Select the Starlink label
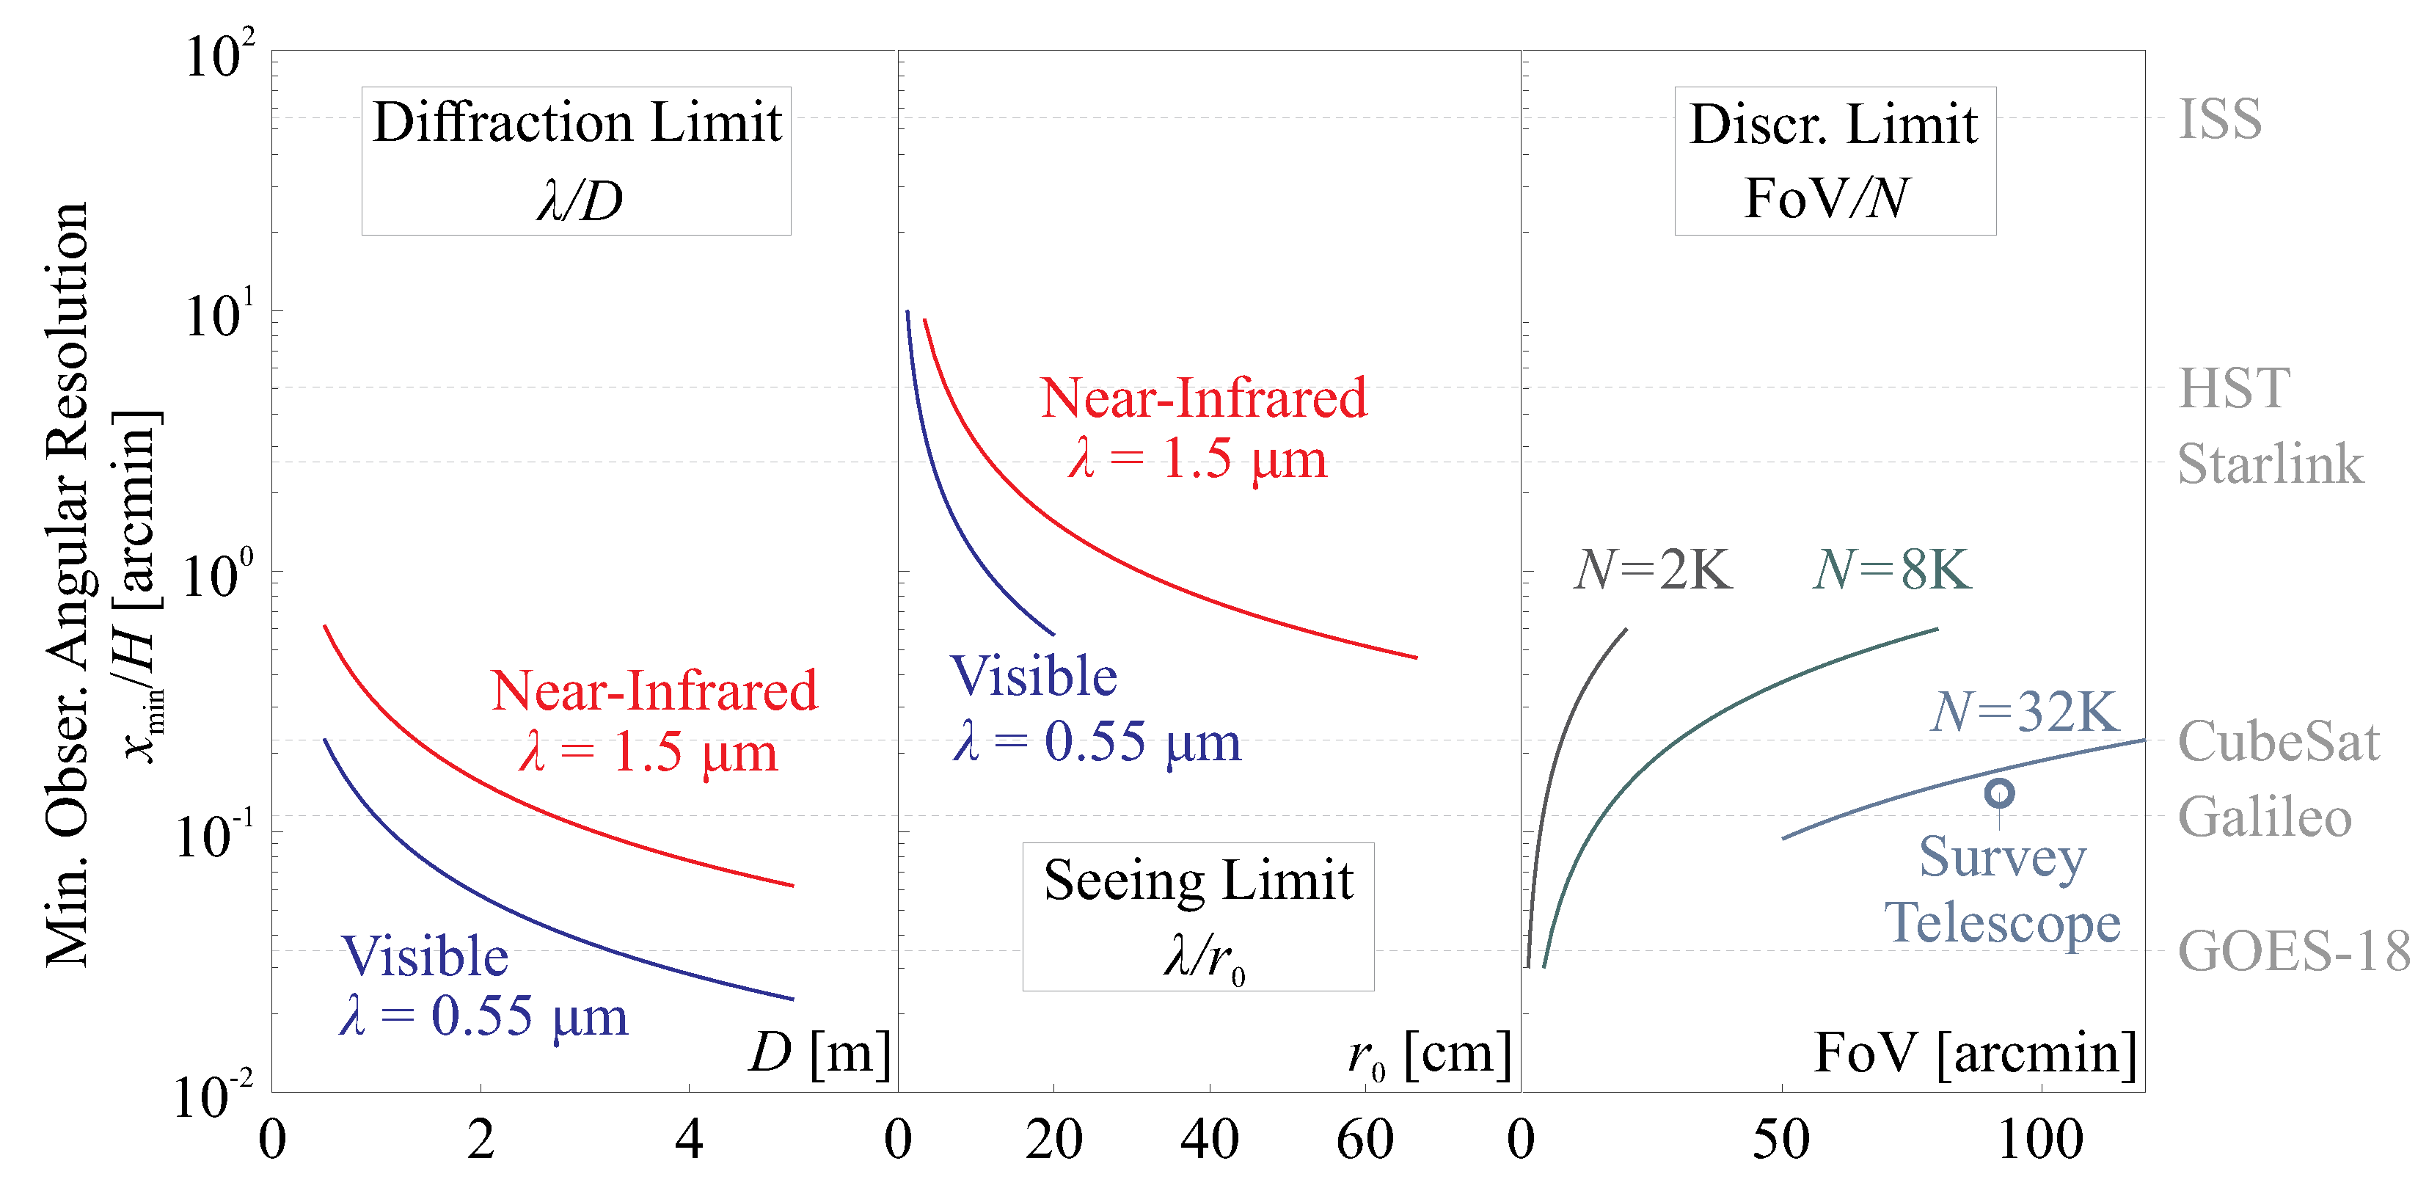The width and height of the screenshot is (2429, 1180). pyautogui.click(x=2270, y=464)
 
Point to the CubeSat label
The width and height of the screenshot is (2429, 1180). pyautogui.click(x=2278, y=741)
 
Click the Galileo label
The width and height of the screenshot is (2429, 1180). pyautogui.click(x=2264, y=817)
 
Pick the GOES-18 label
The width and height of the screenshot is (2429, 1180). pyautogui.click(x=2293, y=951)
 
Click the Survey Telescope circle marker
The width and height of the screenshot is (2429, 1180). pyautogui.click(x=1999, y=793)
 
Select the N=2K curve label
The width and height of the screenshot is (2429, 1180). pyautogui.click(x=1652, y=569)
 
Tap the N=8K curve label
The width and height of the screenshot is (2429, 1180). pyautogui.click(x=1891, y=569)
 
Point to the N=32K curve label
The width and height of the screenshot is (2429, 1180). pyautogui.click(x=2025, y=711)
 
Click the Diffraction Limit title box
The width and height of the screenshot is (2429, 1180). pyautogui.click(x=576, y=161)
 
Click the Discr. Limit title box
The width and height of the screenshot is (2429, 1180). pyautogui.click(x=1834, y=161)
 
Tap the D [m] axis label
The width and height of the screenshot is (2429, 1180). pyautogui.click(x=819, y=1054)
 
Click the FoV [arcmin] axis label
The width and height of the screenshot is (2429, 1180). pyautogui.click(x=1974, y=1054)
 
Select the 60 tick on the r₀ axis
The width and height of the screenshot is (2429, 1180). pyautogui.click(x=1365, y=1140)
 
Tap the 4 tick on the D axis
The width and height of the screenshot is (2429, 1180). pyautogui.click(x=690, y=1140)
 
